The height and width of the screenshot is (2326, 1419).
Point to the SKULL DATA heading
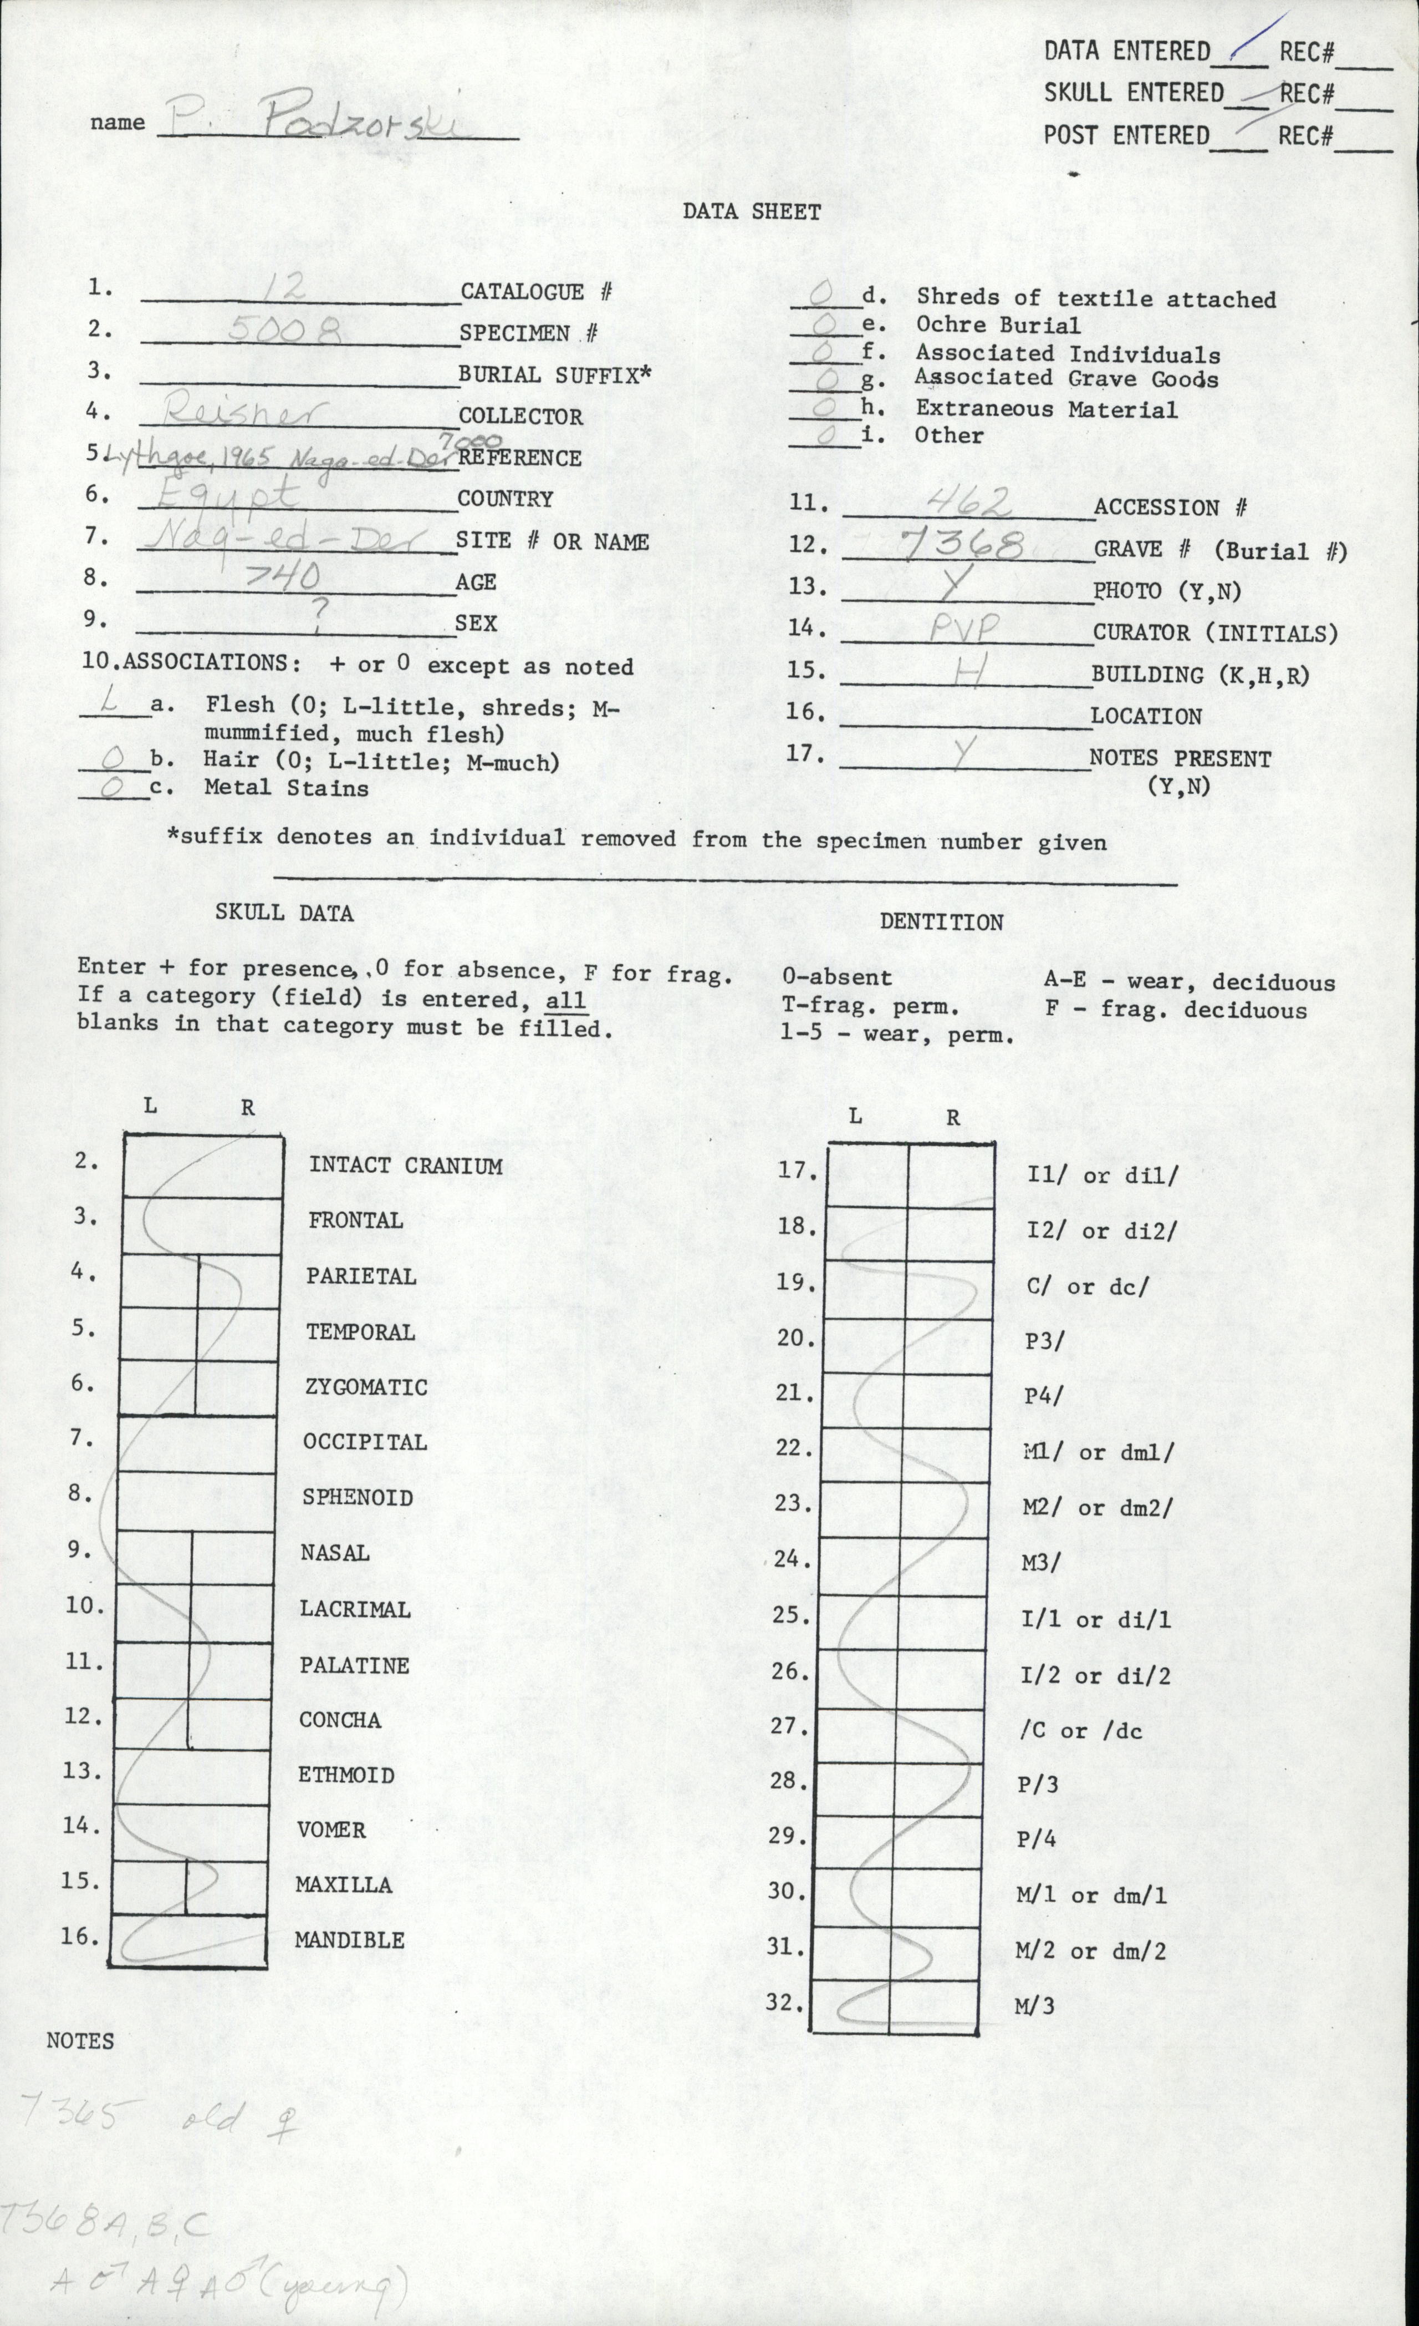[284, 913]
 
